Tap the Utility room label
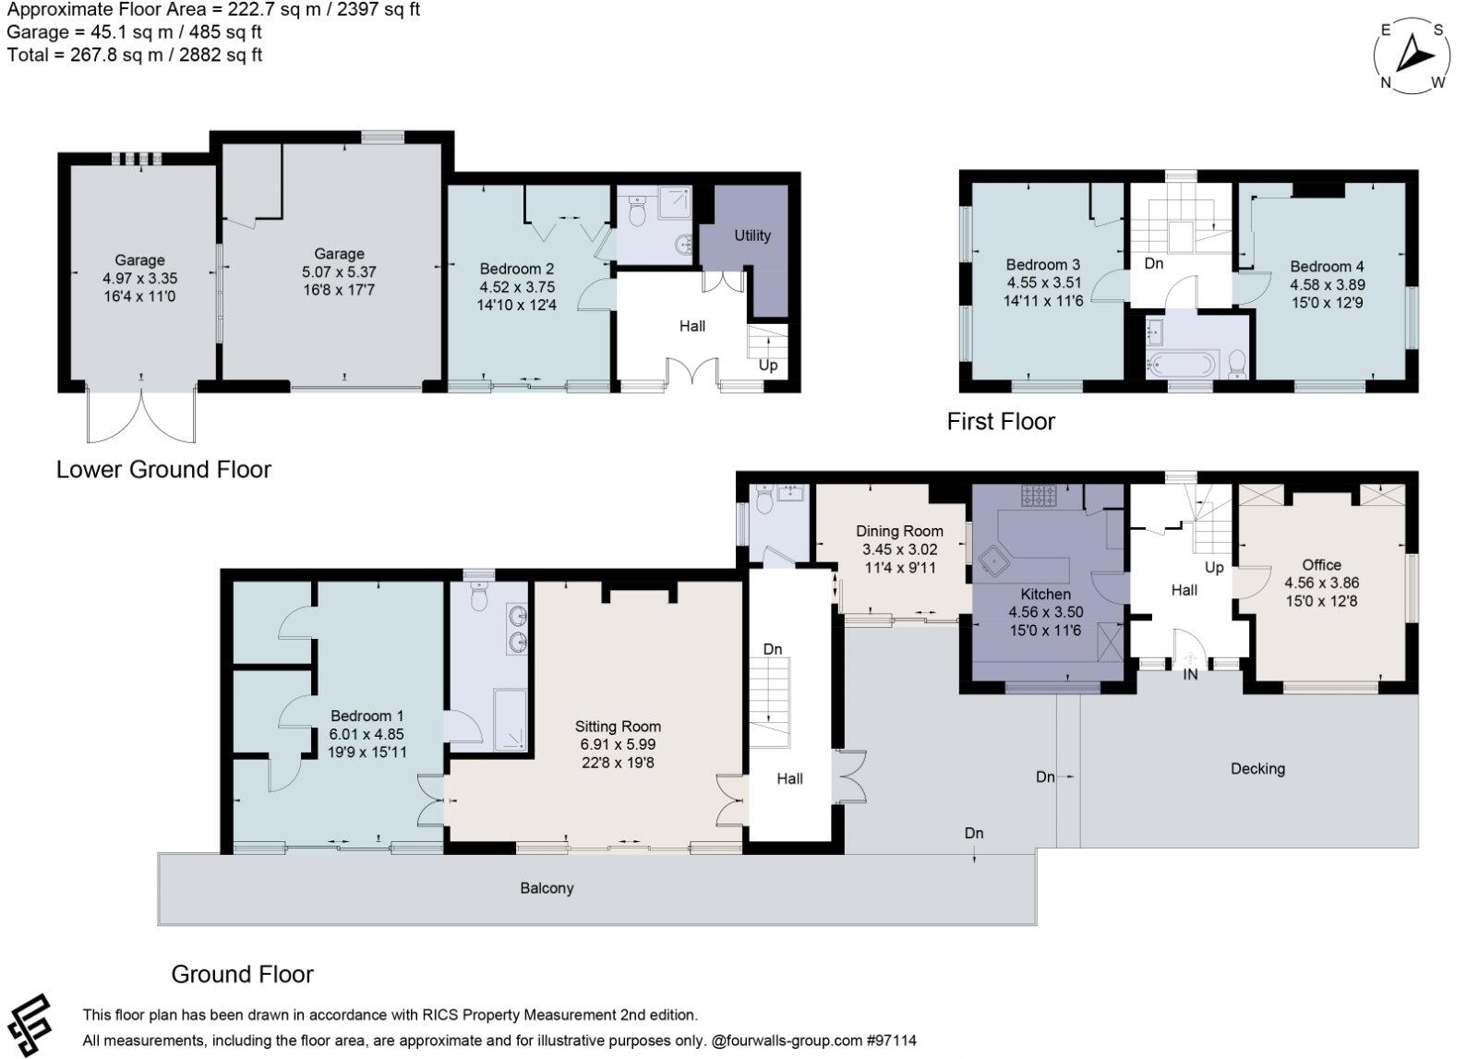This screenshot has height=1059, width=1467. pos(752,235)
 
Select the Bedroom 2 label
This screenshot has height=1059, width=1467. pos(517,270)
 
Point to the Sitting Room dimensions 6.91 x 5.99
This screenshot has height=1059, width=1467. pos(618,744)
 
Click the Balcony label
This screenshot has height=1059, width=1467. pos(547,888)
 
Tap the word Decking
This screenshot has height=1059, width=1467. pos(1257,768)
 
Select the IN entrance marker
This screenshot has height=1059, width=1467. pos(1191,675)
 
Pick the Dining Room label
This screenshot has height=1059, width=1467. pos(899,531)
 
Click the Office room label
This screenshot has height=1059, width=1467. pos(1321,565)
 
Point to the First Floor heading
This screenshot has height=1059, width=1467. pos(1001,422)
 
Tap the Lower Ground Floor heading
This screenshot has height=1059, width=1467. pos(163,469)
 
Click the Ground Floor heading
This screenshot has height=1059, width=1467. pos(242,974)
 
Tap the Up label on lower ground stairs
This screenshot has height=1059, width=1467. pos(768,365)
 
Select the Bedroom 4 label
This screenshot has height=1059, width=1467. pos(1327,267)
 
